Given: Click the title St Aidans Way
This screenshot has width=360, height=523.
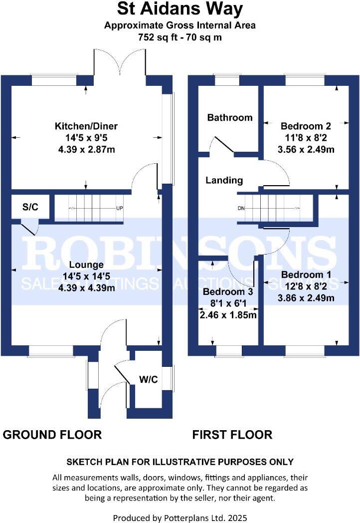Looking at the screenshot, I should point(180,9).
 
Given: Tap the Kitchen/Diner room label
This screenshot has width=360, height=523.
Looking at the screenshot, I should point(86,126).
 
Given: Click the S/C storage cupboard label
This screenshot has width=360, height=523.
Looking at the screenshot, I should point(30,207).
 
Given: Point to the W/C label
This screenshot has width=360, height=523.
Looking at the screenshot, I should point(149,380).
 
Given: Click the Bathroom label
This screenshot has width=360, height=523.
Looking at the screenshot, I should point(230,118).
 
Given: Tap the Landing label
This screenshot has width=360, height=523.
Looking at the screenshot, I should point(224,181).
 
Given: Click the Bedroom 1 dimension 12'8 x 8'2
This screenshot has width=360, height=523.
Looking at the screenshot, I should point(306,286).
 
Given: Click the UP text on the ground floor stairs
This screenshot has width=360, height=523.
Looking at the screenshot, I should point(120,208).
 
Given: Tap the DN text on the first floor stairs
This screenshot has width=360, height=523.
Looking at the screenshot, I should point(241,208).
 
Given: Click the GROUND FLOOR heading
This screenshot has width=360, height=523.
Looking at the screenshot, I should point(52,435).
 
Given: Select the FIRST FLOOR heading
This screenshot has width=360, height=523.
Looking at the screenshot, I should point(232,435).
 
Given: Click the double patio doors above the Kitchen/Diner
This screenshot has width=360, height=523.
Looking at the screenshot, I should point(120,64).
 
